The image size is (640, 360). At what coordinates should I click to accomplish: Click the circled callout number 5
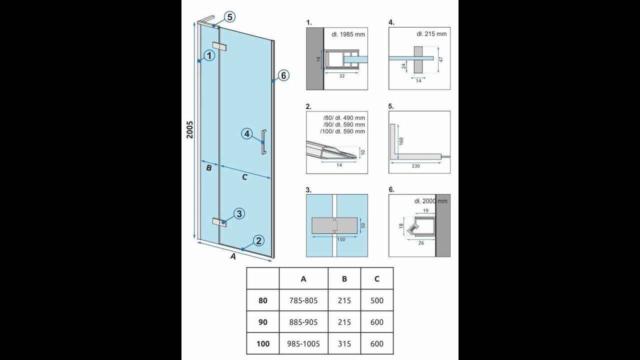pos(229,17)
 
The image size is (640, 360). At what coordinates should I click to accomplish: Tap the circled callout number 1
pos(209,55)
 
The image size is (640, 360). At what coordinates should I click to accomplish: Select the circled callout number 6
pos(283,75)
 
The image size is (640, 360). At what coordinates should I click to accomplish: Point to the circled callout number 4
pos(247,134)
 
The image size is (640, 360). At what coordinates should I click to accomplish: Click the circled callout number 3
pos(239,213)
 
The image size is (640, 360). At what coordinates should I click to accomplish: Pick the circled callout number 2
pos(258,241)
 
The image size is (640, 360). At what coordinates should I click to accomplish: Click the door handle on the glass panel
pos(264,141)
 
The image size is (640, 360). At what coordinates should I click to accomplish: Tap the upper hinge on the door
pos(219,46)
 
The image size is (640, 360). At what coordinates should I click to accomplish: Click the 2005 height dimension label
pos(190,129)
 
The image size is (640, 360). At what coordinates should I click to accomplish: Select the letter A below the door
pos(233,256)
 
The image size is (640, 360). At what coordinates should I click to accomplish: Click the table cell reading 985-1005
pos(303,343)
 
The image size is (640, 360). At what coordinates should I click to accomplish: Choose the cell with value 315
pos(344,343)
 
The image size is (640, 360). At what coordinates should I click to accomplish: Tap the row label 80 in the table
pos(263,300)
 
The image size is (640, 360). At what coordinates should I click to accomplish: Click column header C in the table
pos(377,279)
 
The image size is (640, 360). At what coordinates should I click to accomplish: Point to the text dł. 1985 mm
pos(348,34)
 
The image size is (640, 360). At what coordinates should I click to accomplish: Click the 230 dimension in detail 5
pos(415,166)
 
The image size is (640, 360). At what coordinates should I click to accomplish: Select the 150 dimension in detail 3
pos(341,239)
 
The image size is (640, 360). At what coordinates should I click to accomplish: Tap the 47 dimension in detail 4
pos(441,59)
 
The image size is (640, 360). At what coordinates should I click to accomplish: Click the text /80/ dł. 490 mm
pos(344,117)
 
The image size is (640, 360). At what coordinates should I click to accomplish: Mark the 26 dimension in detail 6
pos(421,243)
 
